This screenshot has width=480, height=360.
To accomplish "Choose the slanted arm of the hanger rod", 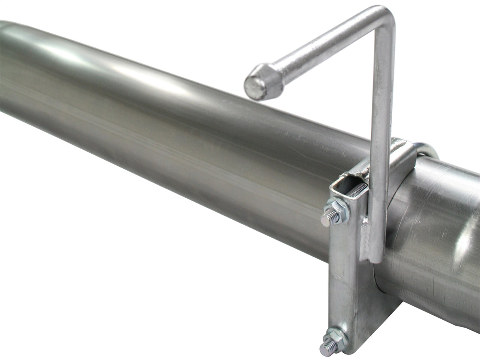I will click(x=316, y=51).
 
